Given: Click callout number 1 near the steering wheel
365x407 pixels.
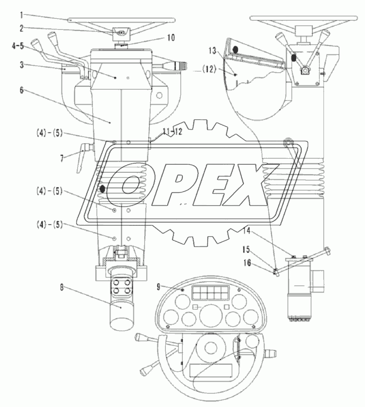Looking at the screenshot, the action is [22, 15].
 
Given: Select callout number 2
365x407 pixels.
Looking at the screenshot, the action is [22, 28].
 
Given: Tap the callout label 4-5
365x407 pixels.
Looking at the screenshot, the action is [18, 46].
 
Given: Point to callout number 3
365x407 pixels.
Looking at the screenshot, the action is [22, 65].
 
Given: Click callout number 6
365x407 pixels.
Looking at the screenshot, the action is [22, 90].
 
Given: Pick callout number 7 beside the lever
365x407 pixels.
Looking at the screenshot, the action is [62, 158].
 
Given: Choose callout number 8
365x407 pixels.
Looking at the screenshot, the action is [62, 288].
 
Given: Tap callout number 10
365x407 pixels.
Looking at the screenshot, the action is [171, 38].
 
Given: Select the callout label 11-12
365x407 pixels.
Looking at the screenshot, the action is [172, 131].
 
